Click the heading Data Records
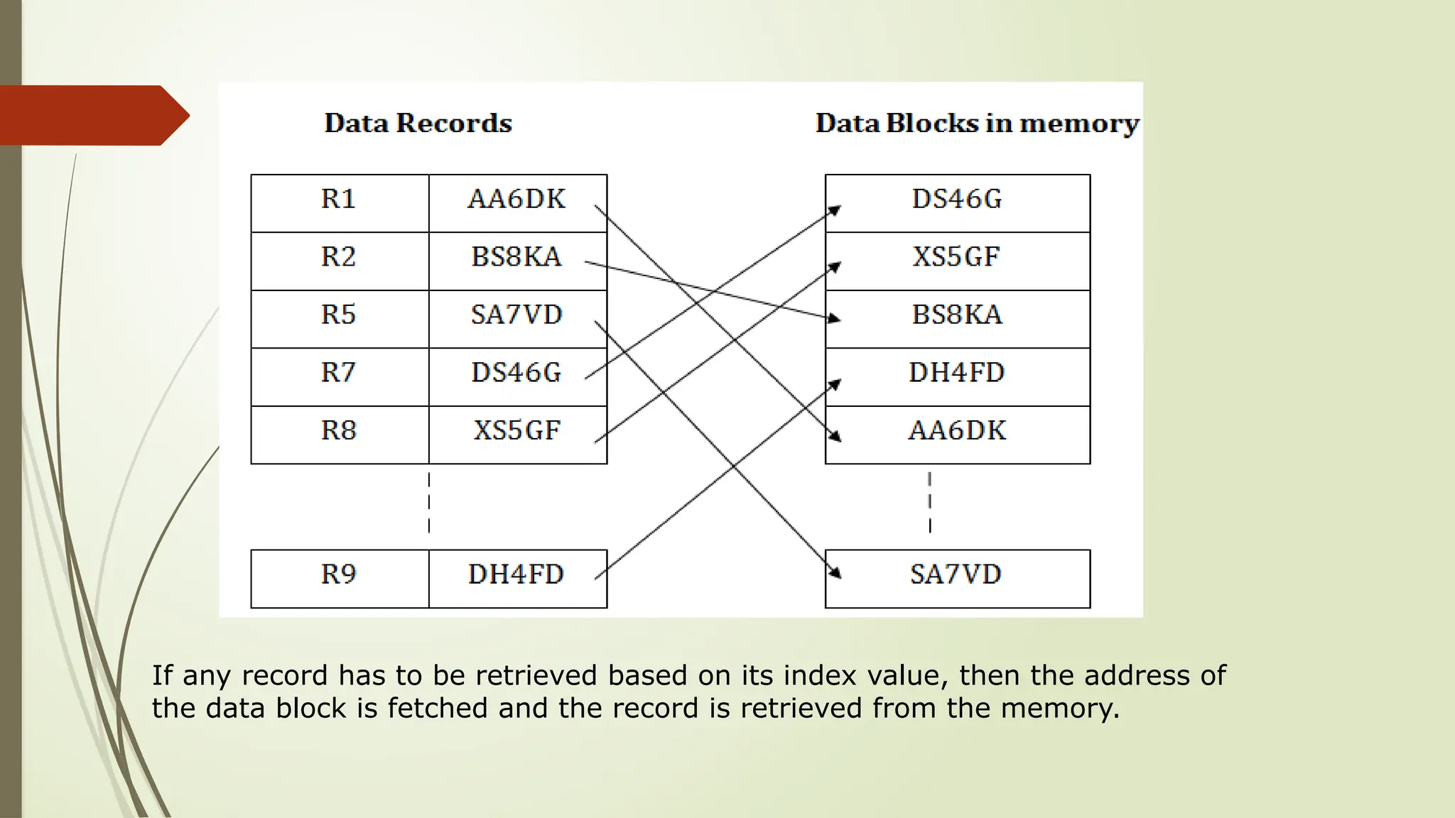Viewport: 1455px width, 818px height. (x=418, y=124)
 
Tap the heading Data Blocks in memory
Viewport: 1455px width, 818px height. (x=977, y=124)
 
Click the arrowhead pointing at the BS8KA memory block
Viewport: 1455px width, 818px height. (x=834, y=318)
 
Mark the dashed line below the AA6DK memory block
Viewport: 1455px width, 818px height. (x=929, y=503)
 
